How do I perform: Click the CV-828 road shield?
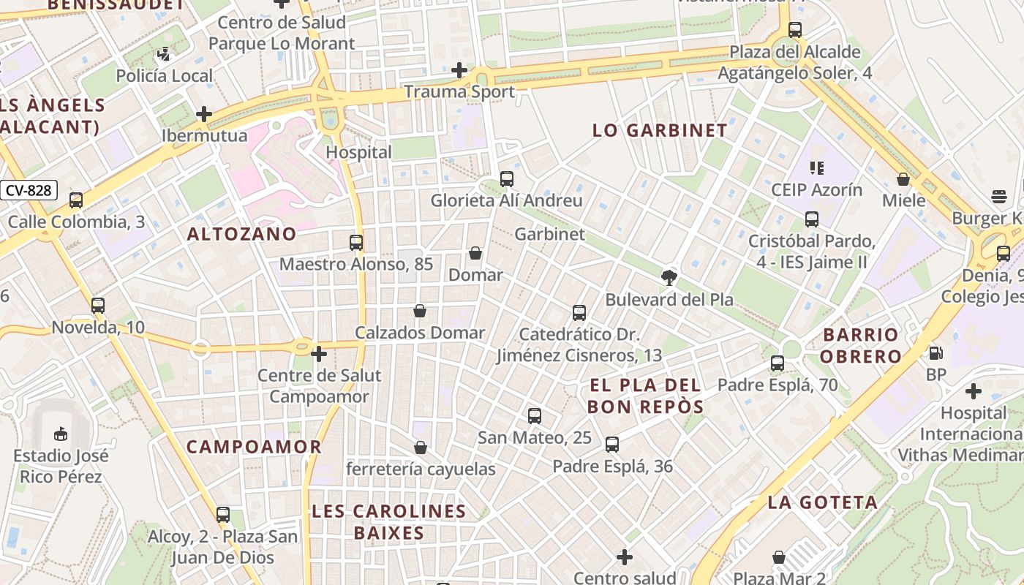29,191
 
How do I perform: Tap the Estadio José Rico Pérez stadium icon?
61,434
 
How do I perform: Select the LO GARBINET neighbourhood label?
660,131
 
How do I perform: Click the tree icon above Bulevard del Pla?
669,277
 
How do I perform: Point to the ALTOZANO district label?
241,234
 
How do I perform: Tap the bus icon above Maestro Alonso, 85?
356,242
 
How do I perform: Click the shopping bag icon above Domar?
475,253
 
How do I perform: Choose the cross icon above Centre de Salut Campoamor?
319,354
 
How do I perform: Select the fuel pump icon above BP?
935,353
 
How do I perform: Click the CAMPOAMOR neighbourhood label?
254,447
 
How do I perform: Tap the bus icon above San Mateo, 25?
535,416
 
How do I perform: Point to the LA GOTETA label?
823,502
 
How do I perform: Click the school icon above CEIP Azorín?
817,168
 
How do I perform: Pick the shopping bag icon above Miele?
903,179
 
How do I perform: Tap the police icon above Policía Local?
164,53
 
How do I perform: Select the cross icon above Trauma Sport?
459,70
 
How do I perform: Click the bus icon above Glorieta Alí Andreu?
506,178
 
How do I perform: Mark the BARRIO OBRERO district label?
860,346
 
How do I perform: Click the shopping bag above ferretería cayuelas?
421,448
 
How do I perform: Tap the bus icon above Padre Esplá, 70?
778,363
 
